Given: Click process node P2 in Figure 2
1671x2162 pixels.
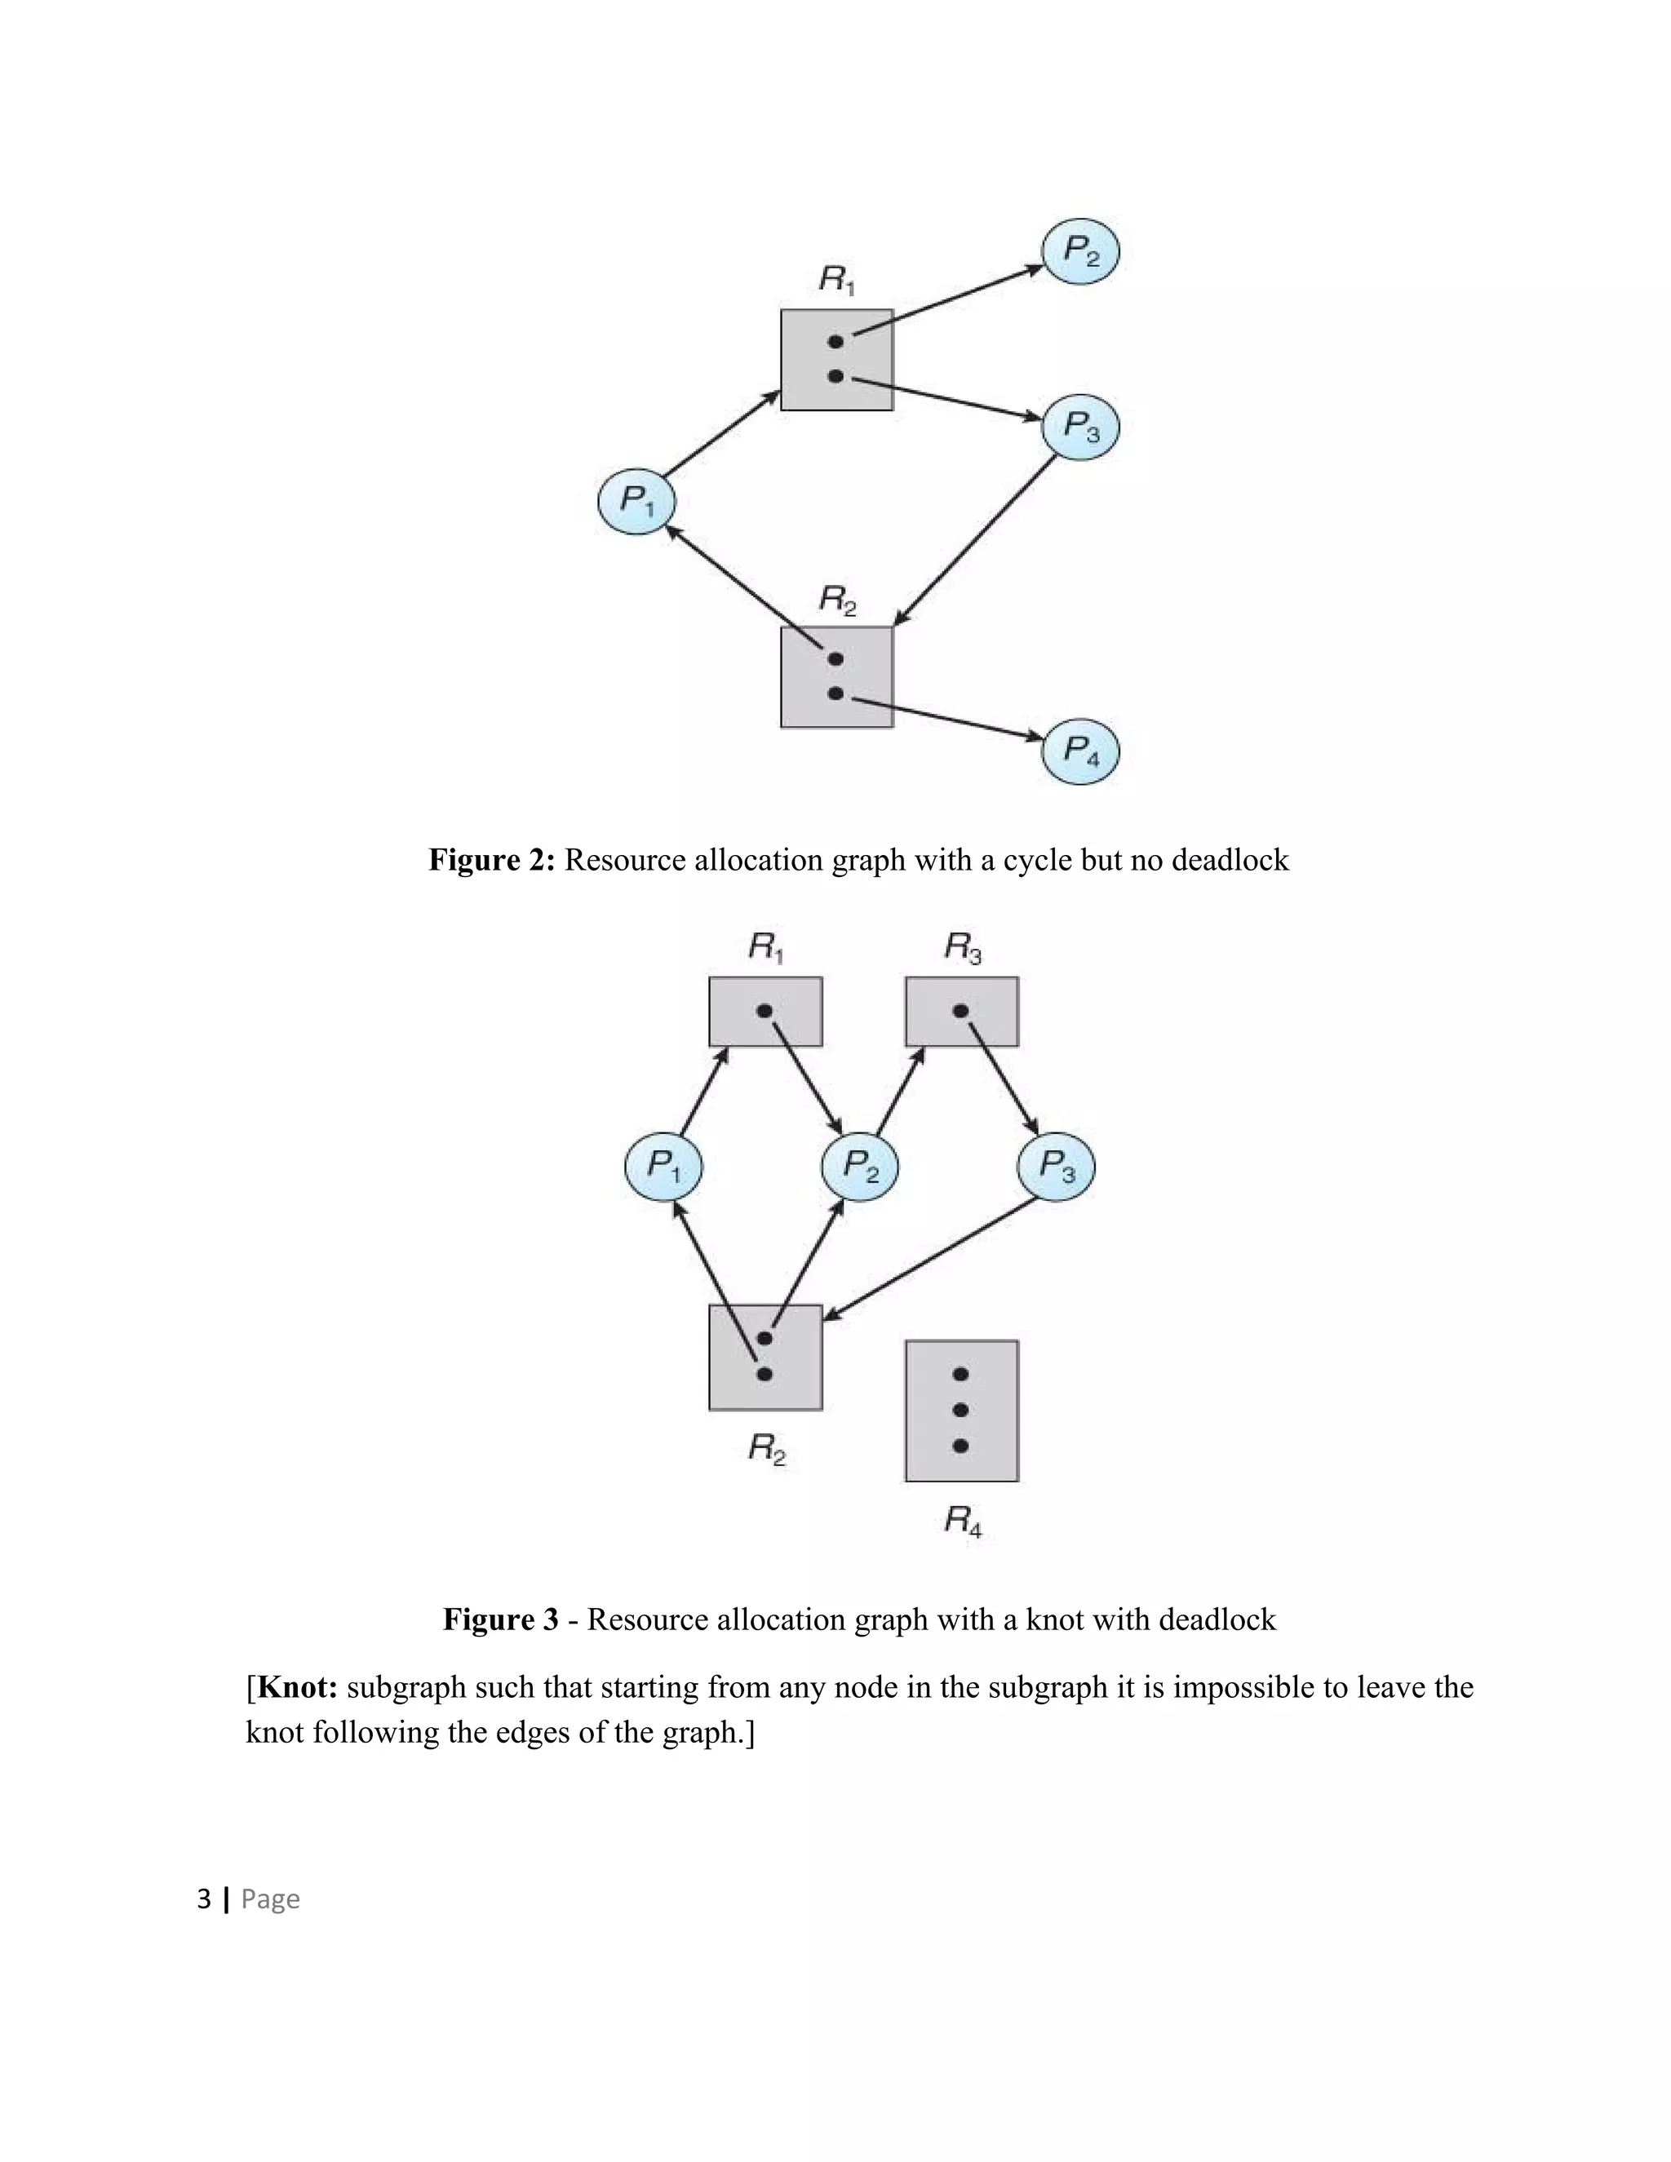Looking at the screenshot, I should pos(1080,251).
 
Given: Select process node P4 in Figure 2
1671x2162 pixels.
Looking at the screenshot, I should pos(1080,751).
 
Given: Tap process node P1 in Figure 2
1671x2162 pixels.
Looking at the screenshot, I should pos(636,502).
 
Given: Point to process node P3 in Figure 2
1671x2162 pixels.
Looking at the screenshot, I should pos(1080,428).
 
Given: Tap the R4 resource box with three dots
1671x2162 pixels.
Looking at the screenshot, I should pos(961,1411).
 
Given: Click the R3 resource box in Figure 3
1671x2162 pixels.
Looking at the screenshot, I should pos(961,1012).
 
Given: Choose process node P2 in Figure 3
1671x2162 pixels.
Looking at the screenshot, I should pos(859,1167).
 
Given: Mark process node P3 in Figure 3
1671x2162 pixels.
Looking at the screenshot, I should pos(1055,1167).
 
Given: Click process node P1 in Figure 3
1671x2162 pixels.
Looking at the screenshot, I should pos(663,1167).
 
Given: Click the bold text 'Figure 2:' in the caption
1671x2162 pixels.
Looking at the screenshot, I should pos(492,860).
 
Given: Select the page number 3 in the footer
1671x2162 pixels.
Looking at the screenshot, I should pos(204,1898).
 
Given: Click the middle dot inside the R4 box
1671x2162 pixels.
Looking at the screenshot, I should pos(960,1410).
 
